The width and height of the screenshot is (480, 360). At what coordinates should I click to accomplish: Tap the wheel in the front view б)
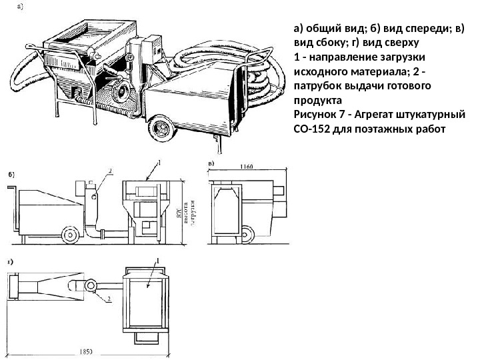(69, 234)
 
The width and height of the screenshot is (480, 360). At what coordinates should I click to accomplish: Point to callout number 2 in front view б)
(109, 171)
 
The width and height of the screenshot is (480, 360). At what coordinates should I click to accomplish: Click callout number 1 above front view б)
(159, 161)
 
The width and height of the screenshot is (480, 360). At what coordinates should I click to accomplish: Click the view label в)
(211, 163)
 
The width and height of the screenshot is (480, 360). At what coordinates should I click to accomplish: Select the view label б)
(11, 174)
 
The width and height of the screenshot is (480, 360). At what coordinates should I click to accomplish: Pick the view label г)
(11, 262)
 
